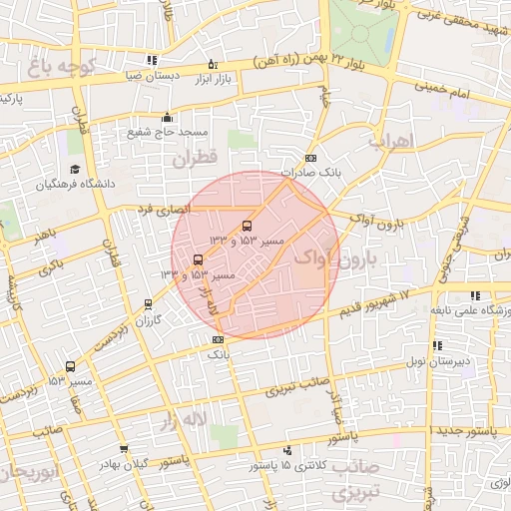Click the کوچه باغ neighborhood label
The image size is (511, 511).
tap(61, 68)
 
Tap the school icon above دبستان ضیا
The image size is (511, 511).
tap(151, 61)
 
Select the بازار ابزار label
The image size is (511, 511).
tap(212, 78)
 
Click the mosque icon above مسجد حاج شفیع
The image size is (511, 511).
tap(167, 117)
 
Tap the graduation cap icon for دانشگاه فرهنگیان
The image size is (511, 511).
tap(74, 170)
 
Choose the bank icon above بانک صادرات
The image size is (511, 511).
tap(310, 159)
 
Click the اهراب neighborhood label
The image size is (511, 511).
tap(390, 142)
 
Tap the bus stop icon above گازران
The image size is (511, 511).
tap(149, 305)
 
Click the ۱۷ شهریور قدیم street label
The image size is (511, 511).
tap(374, 297)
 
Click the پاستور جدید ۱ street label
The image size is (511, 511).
tap(469, 429)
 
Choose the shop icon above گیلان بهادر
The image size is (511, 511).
tap(124, 450)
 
